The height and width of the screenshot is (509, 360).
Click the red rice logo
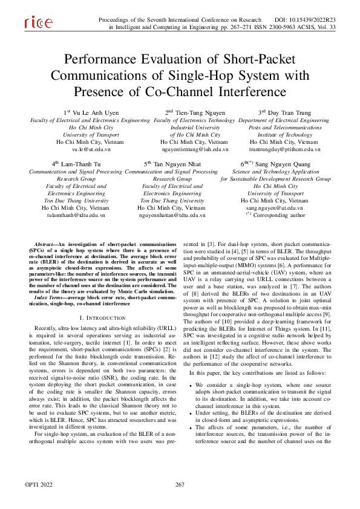[38, 23]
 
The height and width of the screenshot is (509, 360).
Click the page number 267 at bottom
[180, 485]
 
